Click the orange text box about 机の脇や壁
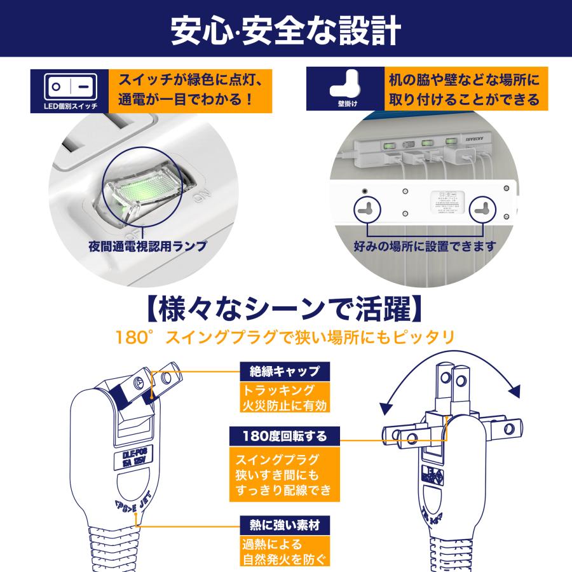463,90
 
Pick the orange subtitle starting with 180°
285,337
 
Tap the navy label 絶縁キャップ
280,371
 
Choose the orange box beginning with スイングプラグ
280,475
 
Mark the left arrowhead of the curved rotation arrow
383,407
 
